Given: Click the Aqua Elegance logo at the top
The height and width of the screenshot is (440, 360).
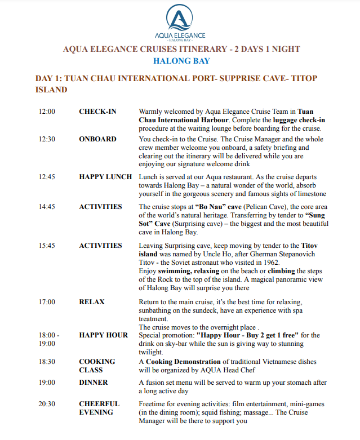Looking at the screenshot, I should pyautogui.click(x=181, y=22).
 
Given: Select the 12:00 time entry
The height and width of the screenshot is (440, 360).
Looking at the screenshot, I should pyautogui.click(x=47, y=112).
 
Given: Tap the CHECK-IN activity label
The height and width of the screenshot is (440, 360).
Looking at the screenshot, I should pyautogui.click(x=97, y=112).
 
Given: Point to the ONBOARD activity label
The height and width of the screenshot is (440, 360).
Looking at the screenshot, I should pyautogui.click(x=97, y=139).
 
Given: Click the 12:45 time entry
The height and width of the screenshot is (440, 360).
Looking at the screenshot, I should pyautogui.click(x=47, y=177).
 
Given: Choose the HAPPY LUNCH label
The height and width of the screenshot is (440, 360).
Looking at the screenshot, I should pyautogui.click(x=105, y=177).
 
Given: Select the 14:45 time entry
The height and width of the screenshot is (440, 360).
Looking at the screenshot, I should pyautogui.click(x=47, y=207).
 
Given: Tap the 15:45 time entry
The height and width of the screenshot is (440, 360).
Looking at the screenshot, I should pyautogui.click(x=47, y=246).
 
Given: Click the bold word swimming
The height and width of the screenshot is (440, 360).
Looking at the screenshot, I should pyautogui.click(x=178, y=271).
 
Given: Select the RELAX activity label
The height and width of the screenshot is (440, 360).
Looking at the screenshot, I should pyautogui.click(x=92, y=302).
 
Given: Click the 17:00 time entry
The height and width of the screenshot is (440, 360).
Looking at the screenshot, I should pyautogui.click(x=47, y=302).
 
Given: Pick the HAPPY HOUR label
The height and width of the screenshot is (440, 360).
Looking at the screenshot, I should pyautogui.click(x=103, y=335).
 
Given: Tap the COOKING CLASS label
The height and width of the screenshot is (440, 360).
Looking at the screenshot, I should pyautogui.click(x=97, y=366).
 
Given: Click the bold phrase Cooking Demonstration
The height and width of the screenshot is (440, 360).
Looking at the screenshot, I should pyautogui.click(x=183, y=362).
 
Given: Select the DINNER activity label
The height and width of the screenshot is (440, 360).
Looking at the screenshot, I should pyautogui.click(x=94, y=383).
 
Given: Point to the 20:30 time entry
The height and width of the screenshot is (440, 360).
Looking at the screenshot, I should pyautogui.click(x=47, y=404).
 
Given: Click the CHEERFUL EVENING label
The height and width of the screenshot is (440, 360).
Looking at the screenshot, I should pyautogui.click(x=99, y=408).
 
